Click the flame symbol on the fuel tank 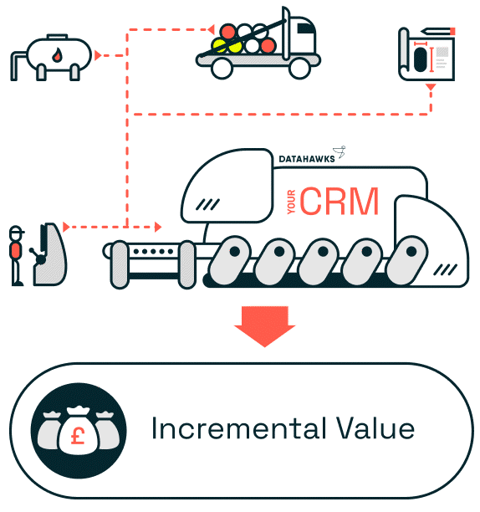pyautogui.click(x=57, y=55)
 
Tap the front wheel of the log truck pyautogui.click(x=299, y=68)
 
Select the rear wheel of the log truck pyautogui.click(x=222, y=69)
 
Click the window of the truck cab pyautogui.click(x=306, y=28)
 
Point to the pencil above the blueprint pyautogui.click(x=438, y=31)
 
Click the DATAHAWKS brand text pyautogui.click(x=307, y=159)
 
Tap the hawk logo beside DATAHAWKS pyautogui.click(x=340, y=151)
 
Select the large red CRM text pyautogui.click(x=339, y=201)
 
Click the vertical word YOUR pyautogui.click(x=291, y=202)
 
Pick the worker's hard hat pyautogui.click(x=16, y=231)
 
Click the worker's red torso pyautogui.click(x=16, y=250)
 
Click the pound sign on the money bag pyautogui.click(x=78, y=436)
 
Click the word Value pyautogui.click(x=375, y=428)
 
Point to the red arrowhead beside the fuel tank pyautogui.click(x=98, y=55)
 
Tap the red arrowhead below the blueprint pyautogui.click(x=431, y=87)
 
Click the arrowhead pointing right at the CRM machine pyautogui.click(x=158, y=227)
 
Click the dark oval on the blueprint pyautogui.click(x=420, y=59)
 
